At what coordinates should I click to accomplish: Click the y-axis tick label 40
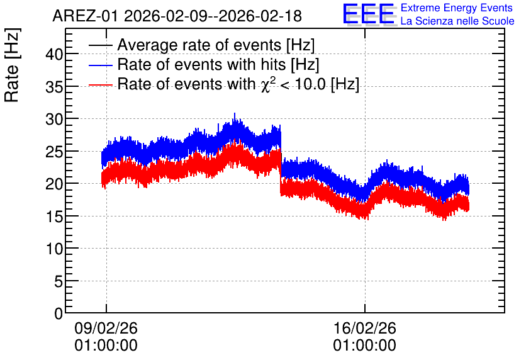pos(54,54)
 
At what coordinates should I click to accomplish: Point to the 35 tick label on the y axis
pos(54,87)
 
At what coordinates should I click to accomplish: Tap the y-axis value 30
pos(54,119)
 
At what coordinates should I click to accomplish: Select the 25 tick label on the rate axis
pos(54,152)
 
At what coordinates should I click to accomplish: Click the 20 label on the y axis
pos(54,184)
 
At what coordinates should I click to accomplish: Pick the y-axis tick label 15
pos(54,217)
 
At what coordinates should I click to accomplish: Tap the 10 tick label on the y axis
pos(54,249)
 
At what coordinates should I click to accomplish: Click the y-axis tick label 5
pos(59,281)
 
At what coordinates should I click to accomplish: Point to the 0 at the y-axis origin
pos(59,313)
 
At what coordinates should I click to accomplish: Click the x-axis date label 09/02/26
pos(106,328)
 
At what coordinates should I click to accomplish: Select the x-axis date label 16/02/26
pos(365,328)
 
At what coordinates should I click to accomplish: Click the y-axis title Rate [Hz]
pos(12,65)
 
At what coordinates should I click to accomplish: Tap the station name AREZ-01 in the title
pos(85,16)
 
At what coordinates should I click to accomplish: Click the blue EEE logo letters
pos(369,14)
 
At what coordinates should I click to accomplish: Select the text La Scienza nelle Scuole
pos(457,21)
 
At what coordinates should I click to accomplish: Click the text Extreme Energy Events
pos(457,8)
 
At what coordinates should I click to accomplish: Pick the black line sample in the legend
pos(100,45)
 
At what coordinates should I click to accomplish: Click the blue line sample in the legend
pos(100,65)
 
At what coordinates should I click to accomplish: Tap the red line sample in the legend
pos(100,84)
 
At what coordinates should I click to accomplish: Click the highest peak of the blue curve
pos(235,113)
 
